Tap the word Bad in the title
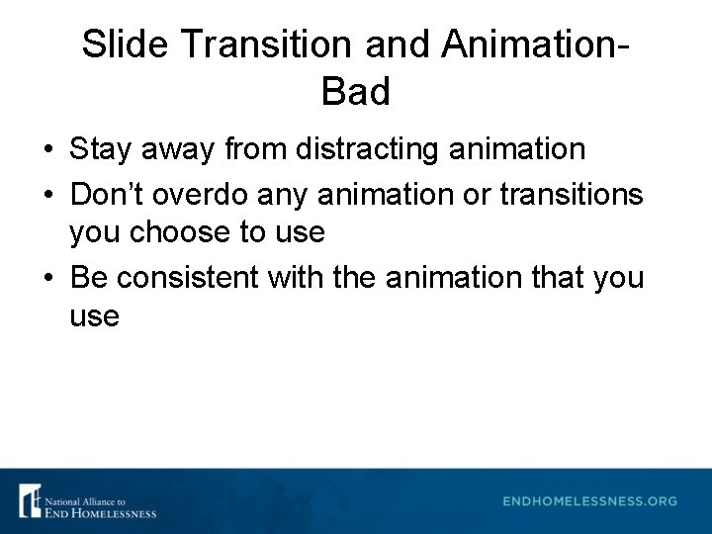tap(356, 92)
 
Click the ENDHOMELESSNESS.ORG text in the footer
tap(590, 501)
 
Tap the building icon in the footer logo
tap(30, 501)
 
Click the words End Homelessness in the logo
tap(100, 511)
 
